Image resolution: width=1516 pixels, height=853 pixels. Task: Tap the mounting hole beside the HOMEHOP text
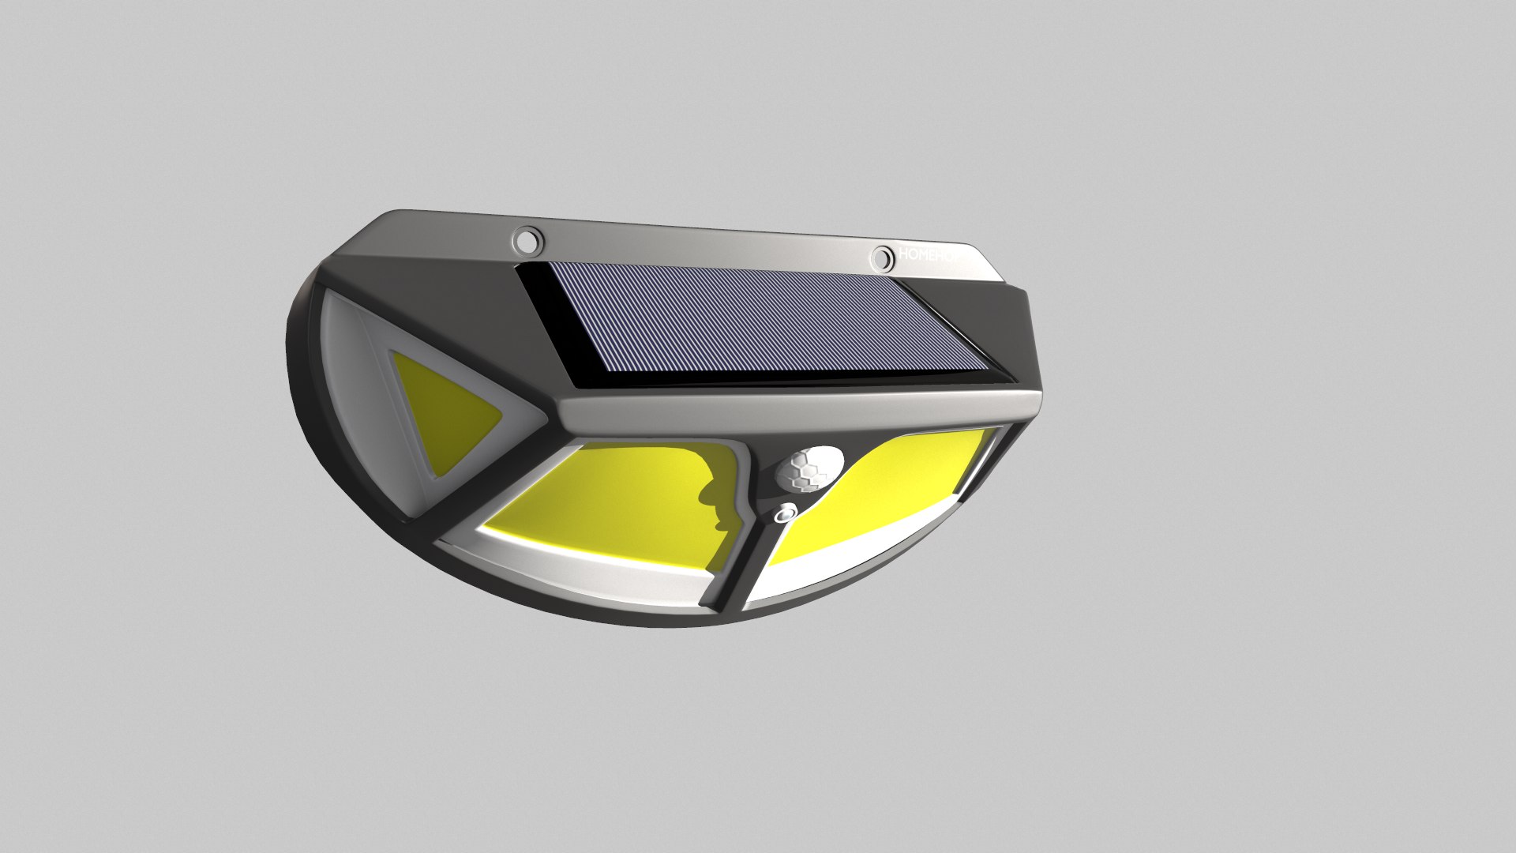click(882, 257)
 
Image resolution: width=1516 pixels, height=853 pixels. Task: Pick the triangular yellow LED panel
click(442, 411)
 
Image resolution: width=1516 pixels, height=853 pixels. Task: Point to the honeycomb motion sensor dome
click(809, 469)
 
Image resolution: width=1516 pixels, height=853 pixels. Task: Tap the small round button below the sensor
click(783, 514)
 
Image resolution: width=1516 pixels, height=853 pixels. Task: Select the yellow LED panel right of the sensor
click(892, 498)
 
